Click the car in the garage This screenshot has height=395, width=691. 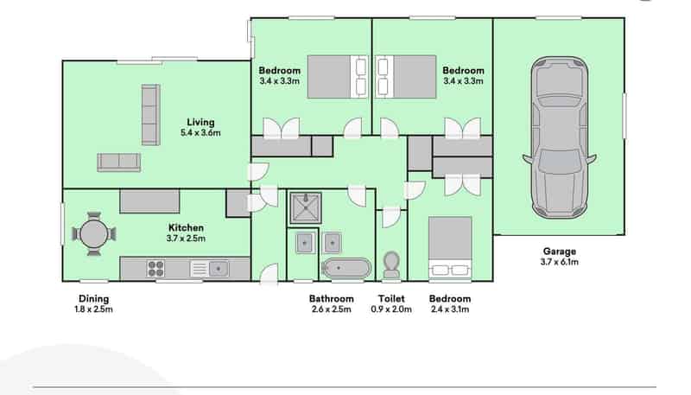(559, 137)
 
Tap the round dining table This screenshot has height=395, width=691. (94, 233)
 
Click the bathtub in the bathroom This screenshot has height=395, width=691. (346, 268)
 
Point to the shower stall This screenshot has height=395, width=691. (305, 208)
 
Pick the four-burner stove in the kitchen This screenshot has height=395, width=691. (155, 269)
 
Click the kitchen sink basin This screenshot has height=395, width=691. (219, 269)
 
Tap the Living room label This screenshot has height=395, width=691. (200, 122)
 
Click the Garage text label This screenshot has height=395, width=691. (559, 252)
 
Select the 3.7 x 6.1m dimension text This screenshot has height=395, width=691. (559, 262)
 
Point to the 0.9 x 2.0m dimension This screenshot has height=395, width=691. (391, 309)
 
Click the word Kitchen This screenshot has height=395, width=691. (186, 228)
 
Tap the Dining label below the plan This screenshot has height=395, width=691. (93, 299)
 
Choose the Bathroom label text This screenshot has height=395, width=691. (332, 299)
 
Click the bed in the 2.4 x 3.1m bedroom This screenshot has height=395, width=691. (450, 247)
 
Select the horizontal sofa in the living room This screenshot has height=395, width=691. (119, 162)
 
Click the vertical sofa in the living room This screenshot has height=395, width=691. (150, 115)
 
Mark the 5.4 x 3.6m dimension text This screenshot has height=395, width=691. (200, 133)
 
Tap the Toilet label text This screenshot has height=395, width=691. (391, 299)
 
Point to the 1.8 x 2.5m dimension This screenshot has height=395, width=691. (93, 309)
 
